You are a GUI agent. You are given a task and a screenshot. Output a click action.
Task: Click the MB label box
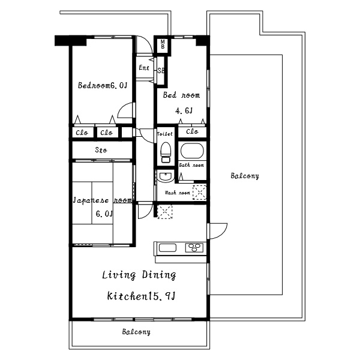point(163,44)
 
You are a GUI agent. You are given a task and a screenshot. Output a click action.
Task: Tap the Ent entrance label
point(144,68)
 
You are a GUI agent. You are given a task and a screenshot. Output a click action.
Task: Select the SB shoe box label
point(161,71)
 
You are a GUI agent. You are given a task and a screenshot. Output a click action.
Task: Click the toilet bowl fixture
point(166,152)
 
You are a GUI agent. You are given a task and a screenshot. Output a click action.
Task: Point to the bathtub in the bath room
point(192,151)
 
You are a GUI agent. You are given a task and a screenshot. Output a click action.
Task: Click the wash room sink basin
point(166,176)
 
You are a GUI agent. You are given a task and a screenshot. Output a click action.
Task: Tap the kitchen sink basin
point(167,248)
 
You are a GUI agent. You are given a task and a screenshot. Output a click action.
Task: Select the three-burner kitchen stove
point(194,248)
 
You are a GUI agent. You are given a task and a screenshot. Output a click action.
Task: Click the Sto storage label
point(101,150)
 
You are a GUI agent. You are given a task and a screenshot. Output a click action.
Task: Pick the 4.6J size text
point(184,111)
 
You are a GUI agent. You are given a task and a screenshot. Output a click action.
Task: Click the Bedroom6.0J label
point(103,85)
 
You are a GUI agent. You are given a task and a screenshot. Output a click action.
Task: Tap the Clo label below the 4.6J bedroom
point(192,131)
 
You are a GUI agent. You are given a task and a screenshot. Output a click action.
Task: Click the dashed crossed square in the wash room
point(199,192)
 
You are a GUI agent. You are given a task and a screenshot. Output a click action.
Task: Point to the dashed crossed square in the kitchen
point(165,212)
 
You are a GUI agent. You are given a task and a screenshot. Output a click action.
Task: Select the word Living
point(119,275)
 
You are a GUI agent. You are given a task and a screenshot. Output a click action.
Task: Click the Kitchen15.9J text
point(141,296)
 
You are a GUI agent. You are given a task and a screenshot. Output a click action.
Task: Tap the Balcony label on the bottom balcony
point(136,332)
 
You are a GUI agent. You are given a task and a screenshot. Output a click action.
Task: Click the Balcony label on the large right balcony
point(245,176)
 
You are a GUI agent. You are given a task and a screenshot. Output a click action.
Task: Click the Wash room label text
point(178,193)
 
